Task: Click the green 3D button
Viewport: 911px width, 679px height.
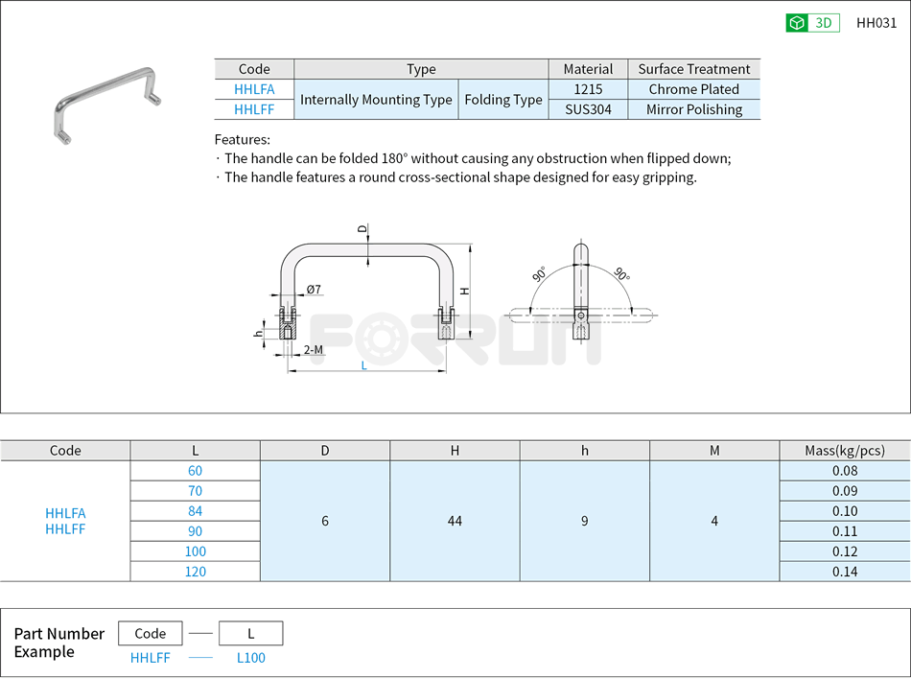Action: point(812,23)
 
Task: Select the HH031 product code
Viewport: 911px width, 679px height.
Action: point(876,23)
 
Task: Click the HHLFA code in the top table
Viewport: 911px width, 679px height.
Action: point(254,89)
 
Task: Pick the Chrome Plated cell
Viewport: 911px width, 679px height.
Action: point(693,89)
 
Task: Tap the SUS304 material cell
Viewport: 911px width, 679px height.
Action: point(588,109)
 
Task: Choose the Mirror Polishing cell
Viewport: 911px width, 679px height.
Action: point(693,109)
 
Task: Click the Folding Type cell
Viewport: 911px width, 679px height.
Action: point(502,100)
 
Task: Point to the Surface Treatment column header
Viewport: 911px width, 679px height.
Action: point(693,69)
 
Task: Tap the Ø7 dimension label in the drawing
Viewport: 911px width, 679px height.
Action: point(314,290)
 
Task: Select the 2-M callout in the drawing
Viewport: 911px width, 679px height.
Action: point(313,350)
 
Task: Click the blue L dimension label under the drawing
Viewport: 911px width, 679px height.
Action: point(363,365)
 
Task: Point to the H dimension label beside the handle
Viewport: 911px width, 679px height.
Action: point(463,291)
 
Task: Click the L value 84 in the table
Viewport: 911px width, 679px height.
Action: point(195,511)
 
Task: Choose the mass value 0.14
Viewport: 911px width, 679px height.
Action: point(845,572)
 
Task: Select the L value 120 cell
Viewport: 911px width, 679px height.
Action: point(195,572)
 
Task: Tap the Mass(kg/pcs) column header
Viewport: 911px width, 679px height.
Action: point(845,451)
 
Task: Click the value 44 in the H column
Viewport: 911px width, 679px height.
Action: point(455,521)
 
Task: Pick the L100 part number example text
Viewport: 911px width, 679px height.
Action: point(250,658)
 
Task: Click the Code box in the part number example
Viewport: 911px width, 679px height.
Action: point(150,633)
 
